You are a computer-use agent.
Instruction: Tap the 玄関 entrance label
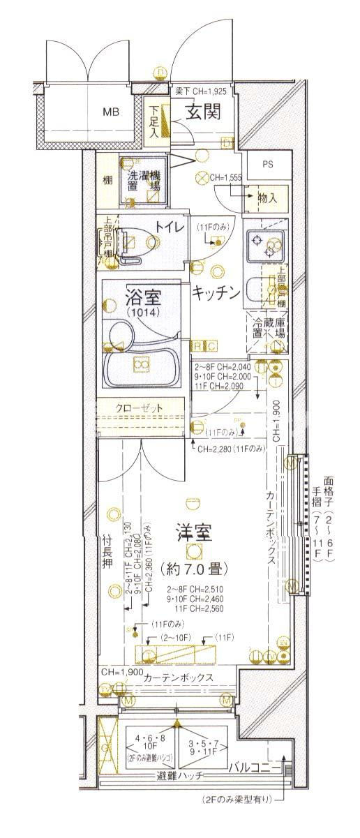203,112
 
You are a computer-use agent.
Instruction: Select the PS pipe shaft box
268,165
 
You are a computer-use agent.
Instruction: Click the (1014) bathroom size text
143,314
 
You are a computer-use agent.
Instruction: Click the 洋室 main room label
195,532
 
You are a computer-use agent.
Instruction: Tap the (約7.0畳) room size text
195,568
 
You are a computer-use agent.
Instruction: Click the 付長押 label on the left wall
107,549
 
